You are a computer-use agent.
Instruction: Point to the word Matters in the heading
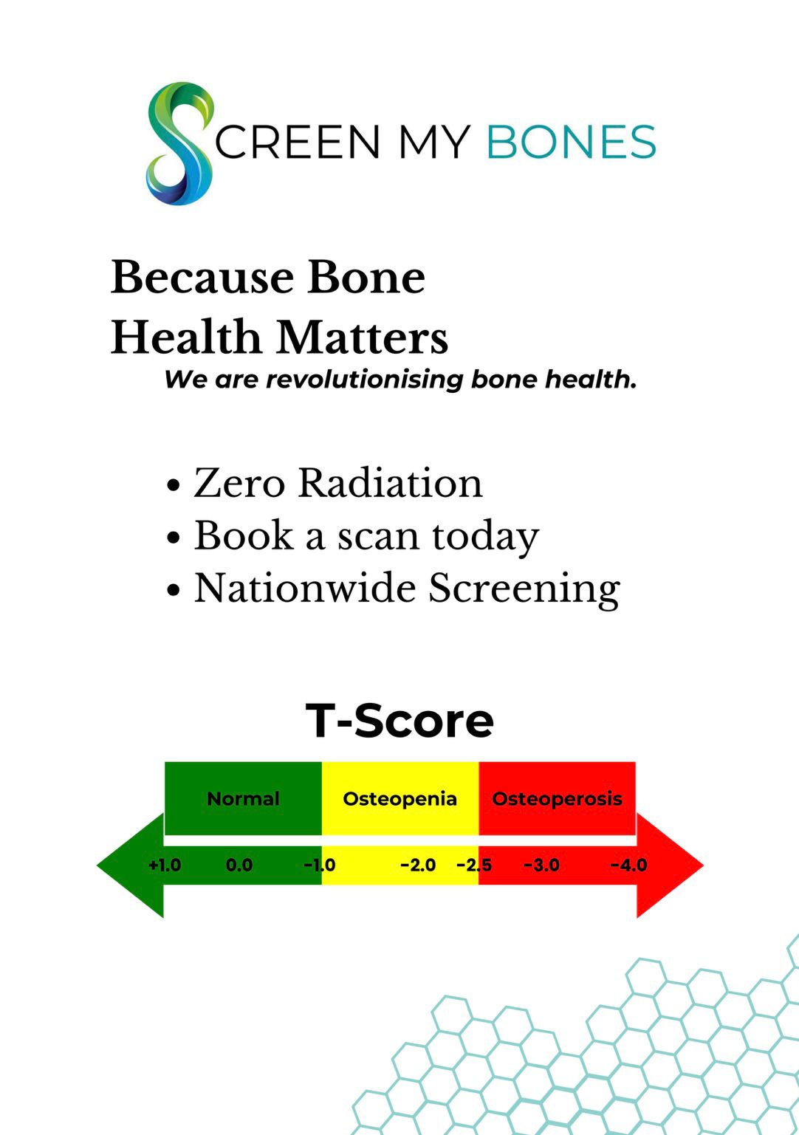tap(362, 337)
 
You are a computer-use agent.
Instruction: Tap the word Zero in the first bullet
tap(239, 483)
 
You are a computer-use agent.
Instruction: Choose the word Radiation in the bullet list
tap(390, 482)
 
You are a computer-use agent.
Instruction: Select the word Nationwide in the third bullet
tap(304, 589)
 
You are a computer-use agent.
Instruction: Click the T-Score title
tap(399, 721)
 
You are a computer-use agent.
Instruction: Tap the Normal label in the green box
tap(243, 798)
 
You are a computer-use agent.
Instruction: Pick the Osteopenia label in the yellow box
tap(399, 799)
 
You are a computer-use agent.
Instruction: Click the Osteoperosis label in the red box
tap(557, 799)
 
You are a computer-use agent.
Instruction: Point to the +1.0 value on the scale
tap(165, 865)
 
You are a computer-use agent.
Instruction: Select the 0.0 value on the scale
tap(239, 865)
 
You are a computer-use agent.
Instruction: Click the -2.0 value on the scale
tap(418, 865)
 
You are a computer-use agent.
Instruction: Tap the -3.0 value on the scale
tap(541, 865)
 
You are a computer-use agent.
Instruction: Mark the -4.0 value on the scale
tap(628, 865)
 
